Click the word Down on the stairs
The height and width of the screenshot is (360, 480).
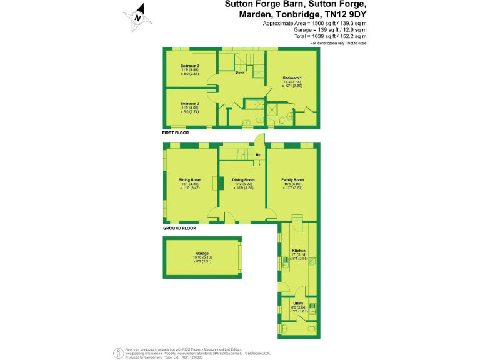(x=240, y=73)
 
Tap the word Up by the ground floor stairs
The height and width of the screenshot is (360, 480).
(x=258, y=154)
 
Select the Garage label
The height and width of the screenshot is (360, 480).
(x=201, y=253)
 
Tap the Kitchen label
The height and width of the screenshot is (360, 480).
(x=298, y=251)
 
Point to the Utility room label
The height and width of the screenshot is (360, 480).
(x=297, y=304)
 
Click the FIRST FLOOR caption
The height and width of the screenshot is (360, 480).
(x=176, y=132)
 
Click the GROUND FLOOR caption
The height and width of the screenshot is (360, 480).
(x=179, y=228)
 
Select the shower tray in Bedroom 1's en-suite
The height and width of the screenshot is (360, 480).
(x=272, y=109)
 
